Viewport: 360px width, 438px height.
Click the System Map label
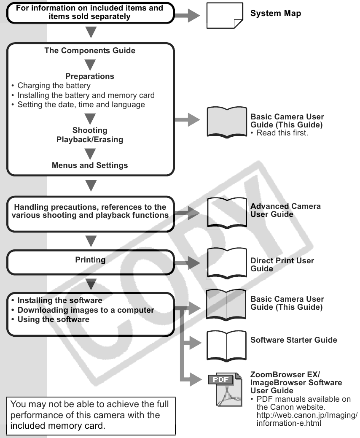275,14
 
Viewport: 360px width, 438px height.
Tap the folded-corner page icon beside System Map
225,16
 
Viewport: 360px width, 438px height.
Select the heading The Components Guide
90,51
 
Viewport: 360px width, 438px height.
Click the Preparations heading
90,76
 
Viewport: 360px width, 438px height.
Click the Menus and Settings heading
90,165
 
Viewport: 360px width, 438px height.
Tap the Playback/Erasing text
90,140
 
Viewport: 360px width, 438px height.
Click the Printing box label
90,260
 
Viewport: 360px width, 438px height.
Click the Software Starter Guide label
293,340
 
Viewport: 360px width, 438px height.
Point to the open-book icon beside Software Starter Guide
226,346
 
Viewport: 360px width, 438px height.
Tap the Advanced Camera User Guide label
285,210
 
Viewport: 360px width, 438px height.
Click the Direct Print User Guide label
282,265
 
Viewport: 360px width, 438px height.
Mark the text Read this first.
282,133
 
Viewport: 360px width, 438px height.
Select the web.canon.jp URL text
307,419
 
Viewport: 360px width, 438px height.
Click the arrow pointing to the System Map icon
187,15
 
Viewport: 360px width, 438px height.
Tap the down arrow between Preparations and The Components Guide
90,65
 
